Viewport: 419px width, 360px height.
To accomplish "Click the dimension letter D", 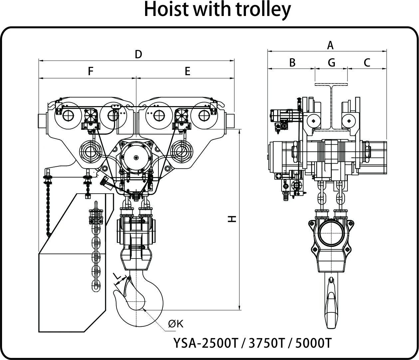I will coord(138,54).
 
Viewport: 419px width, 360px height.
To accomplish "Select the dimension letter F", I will coord(90,71).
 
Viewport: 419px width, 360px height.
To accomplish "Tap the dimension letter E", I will coord(187,71).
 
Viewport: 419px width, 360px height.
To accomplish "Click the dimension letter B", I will coord(292,63).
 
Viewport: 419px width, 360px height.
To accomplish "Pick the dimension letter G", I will coord(331,63).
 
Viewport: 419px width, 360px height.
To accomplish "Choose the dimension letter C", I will coord(367,63).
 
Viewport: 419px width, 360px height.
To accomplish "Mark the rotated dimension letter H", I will coord(232,219).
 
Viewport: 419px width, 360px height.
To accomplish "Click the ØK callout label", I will coord(176,324).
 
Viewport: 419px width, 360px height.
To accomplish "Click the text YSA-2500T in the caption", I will coord(206,343).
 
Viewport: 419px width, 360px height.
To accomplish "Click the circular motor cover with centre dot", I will coord(136,157).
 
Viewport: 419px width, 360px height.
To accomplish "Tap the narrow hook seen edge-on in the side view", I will coord(331,303).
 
